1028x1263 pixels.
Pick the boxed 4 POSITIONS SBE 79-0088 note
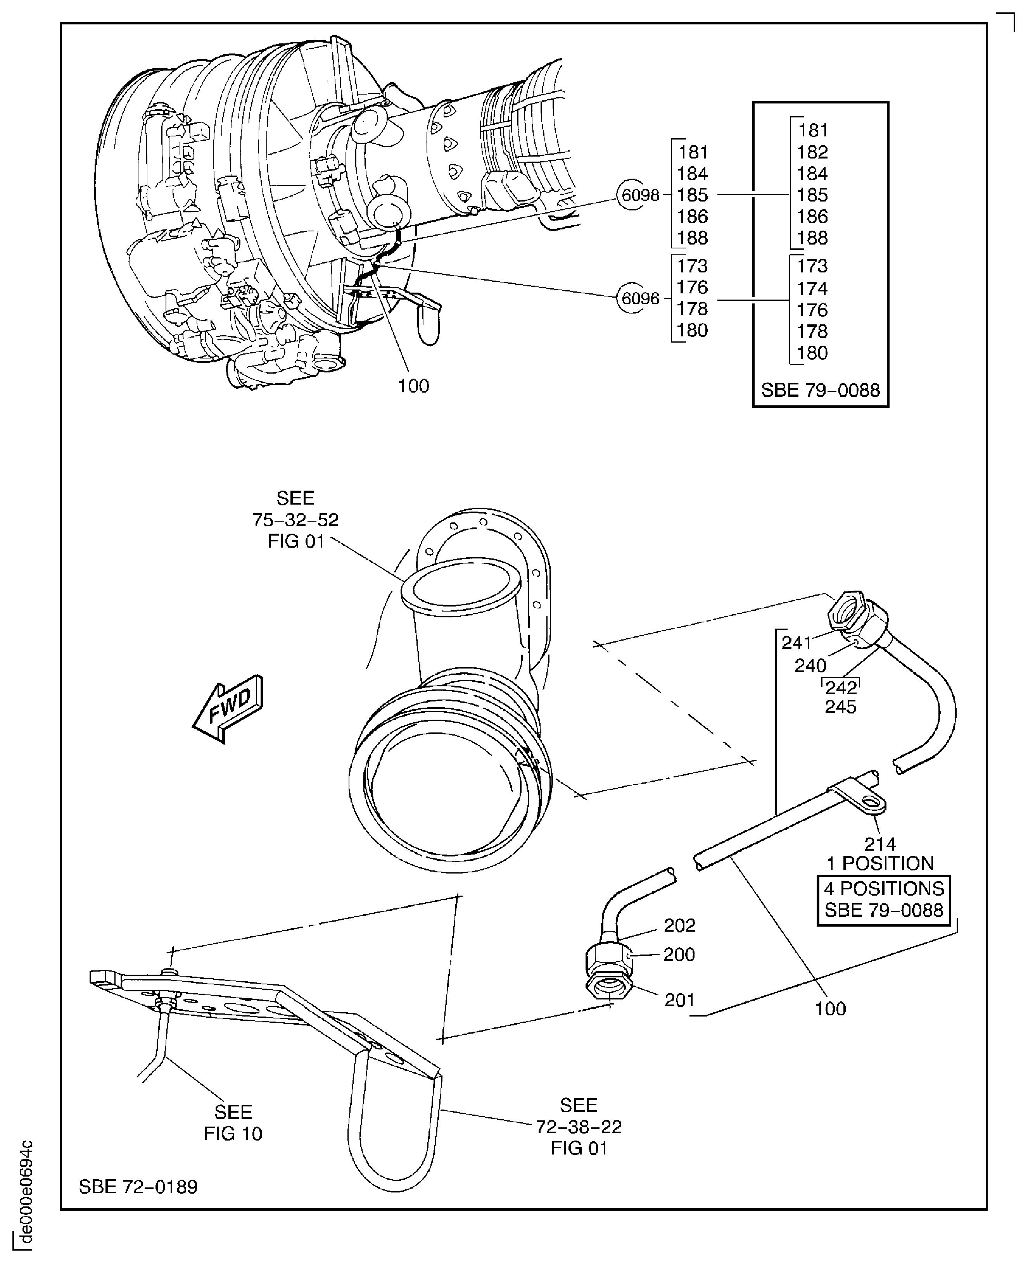point(883,899)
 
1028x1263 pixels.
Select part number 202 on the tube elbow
point(679,925)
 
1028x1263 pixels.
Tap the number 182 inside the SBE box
point(812,152)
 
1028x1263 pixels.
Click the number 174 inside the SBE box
point(812,288)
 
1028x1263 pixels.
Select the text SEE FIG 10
point(233,1123)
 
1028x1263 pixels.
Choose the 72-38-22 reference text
point(579,1127)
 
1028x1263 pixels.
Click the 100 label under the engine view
point(413,386)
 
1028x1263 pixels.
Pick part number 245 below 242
point(840,706)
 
